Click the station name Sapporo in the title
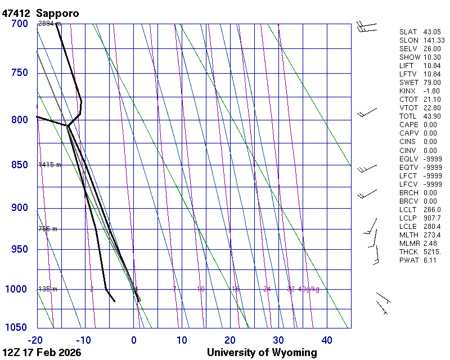click(57, 12)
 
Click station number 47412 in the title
click(16, 12)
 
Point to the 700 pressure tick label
click(20, 24)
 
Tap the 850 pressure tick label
click(20, 165)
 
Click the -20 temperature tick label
click(36, 340)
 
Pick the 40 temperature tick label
click(327, 340)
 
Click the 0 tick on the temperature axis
click(133, 340)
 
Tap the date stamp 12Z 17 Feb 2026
click(42, 353)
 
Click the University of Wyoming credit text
click(262, 353)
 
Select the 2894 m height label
click(49, 24)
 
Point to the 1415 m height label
click(49, 165)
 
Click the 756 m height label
click(48, 229)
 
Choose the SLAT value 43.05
click(432, 32)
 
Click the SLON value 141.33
click(434, 40)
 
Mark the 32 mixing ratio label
click(291, 289)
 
